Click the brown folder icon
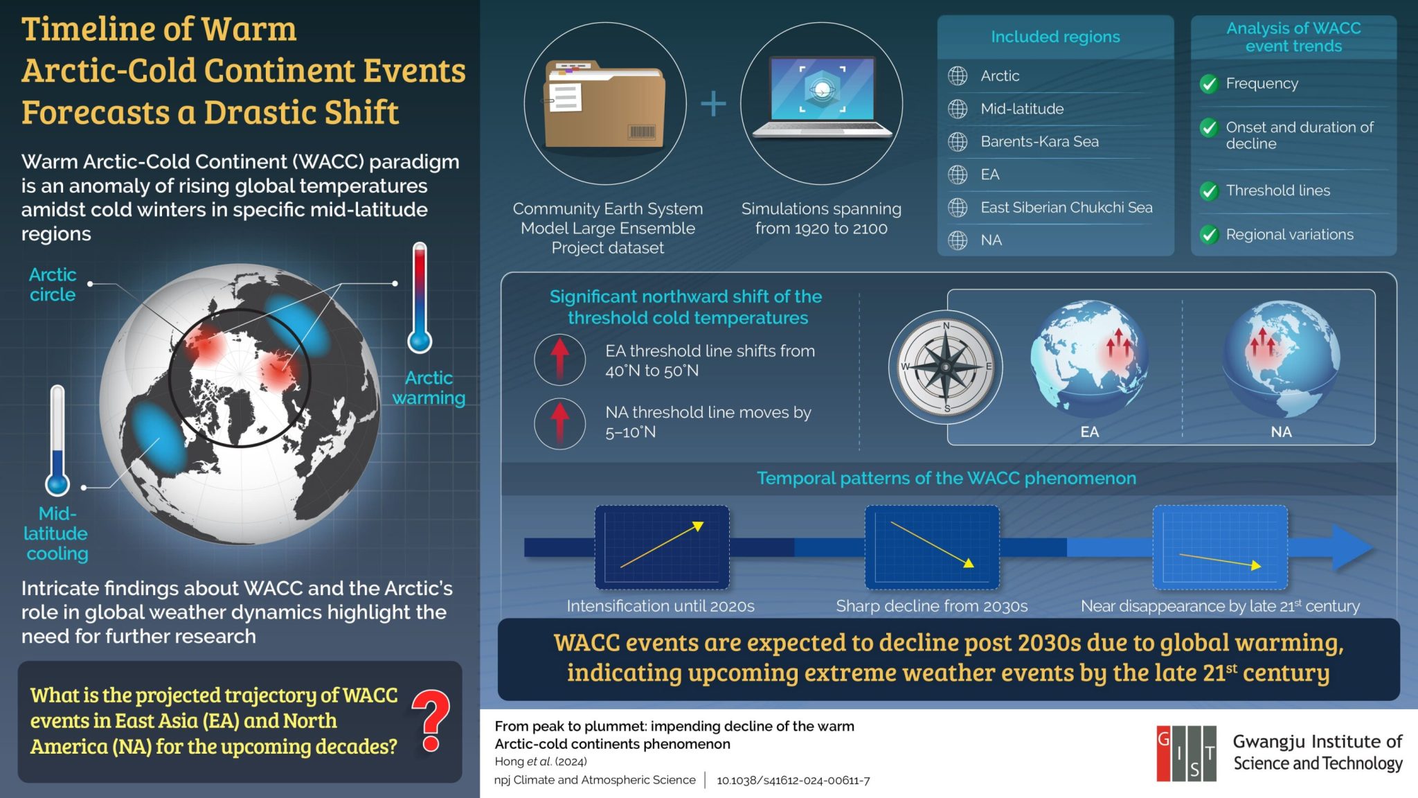click(604, 105)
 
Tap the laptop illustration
click(822, 98)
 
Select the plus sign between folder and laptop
click(713, 105)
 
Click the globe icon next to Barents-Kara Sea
click(958, 141)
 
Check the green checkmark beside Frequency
click(1209, 84)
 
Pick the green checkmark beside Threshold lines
click(1209, 190)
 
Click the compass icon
click(946, 367)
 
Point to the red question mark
click(431, 720)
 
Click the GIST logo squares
click(1186, 754)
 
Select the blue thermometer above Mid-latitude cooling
click(57, 441)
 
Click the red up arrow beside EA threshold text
click(560, 359)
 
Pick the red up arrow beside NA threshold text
click(560, 423)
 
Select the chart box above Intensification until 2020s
click(662, 547)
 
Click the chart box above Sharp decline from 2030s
click(932, 547)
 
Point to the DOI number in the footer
click(793, 781)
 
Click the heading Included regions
click(1055, 37)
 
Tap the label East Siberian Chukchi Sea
click(1066, 207)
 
